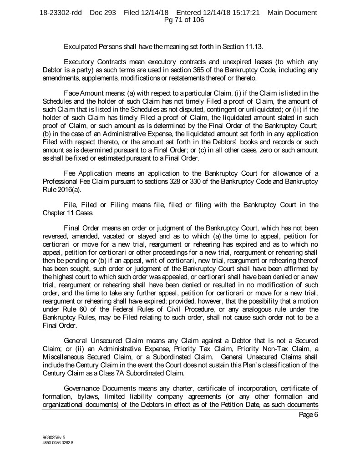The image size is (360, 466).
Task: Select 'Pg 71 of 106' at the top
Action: (180, 20)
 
